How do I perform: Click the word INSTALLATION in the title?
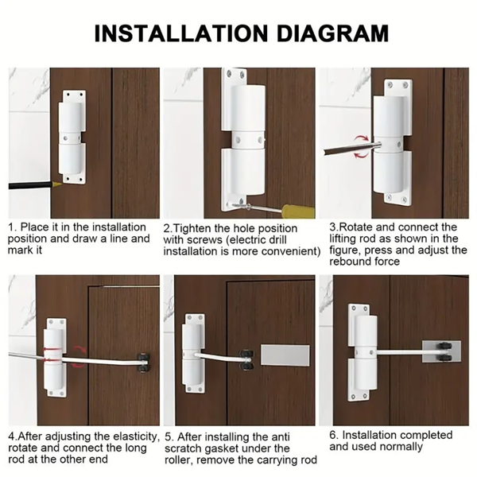pyautogui.click(x=181, y=33)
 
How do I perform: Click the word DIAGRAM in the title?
pyautogui.click(x=333, y=33)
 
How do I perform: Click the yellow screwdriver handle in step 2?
pyautogui.click(x=298, y=211)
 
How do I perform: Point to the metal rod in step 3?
pyautogui.click(x=352, y=148)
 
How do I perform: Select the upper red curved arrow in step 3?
pyautogui.click(x=362, y=139)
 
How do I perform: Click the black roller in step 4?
pyautogui.click(x=143, y=362)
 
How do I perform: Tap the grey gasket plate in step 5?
pyautogui.click(x=285, y=355)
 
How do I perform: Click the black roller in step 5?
pyautogui.click(x=246, y=361)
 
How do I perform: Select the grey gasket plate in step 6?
pyautogui.click(x=441, y=351)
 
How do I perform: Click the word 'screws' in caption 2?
pyautogui.click(x=205, y=240)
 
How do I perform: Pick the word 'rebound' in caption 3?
pyautogui.click(x=350, y=262)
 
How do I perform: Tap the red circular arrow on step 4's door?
pyautogui.click(x=79, y=356)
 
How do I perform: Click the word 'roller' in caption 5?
pyautogui.click(x=180, y=460)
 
